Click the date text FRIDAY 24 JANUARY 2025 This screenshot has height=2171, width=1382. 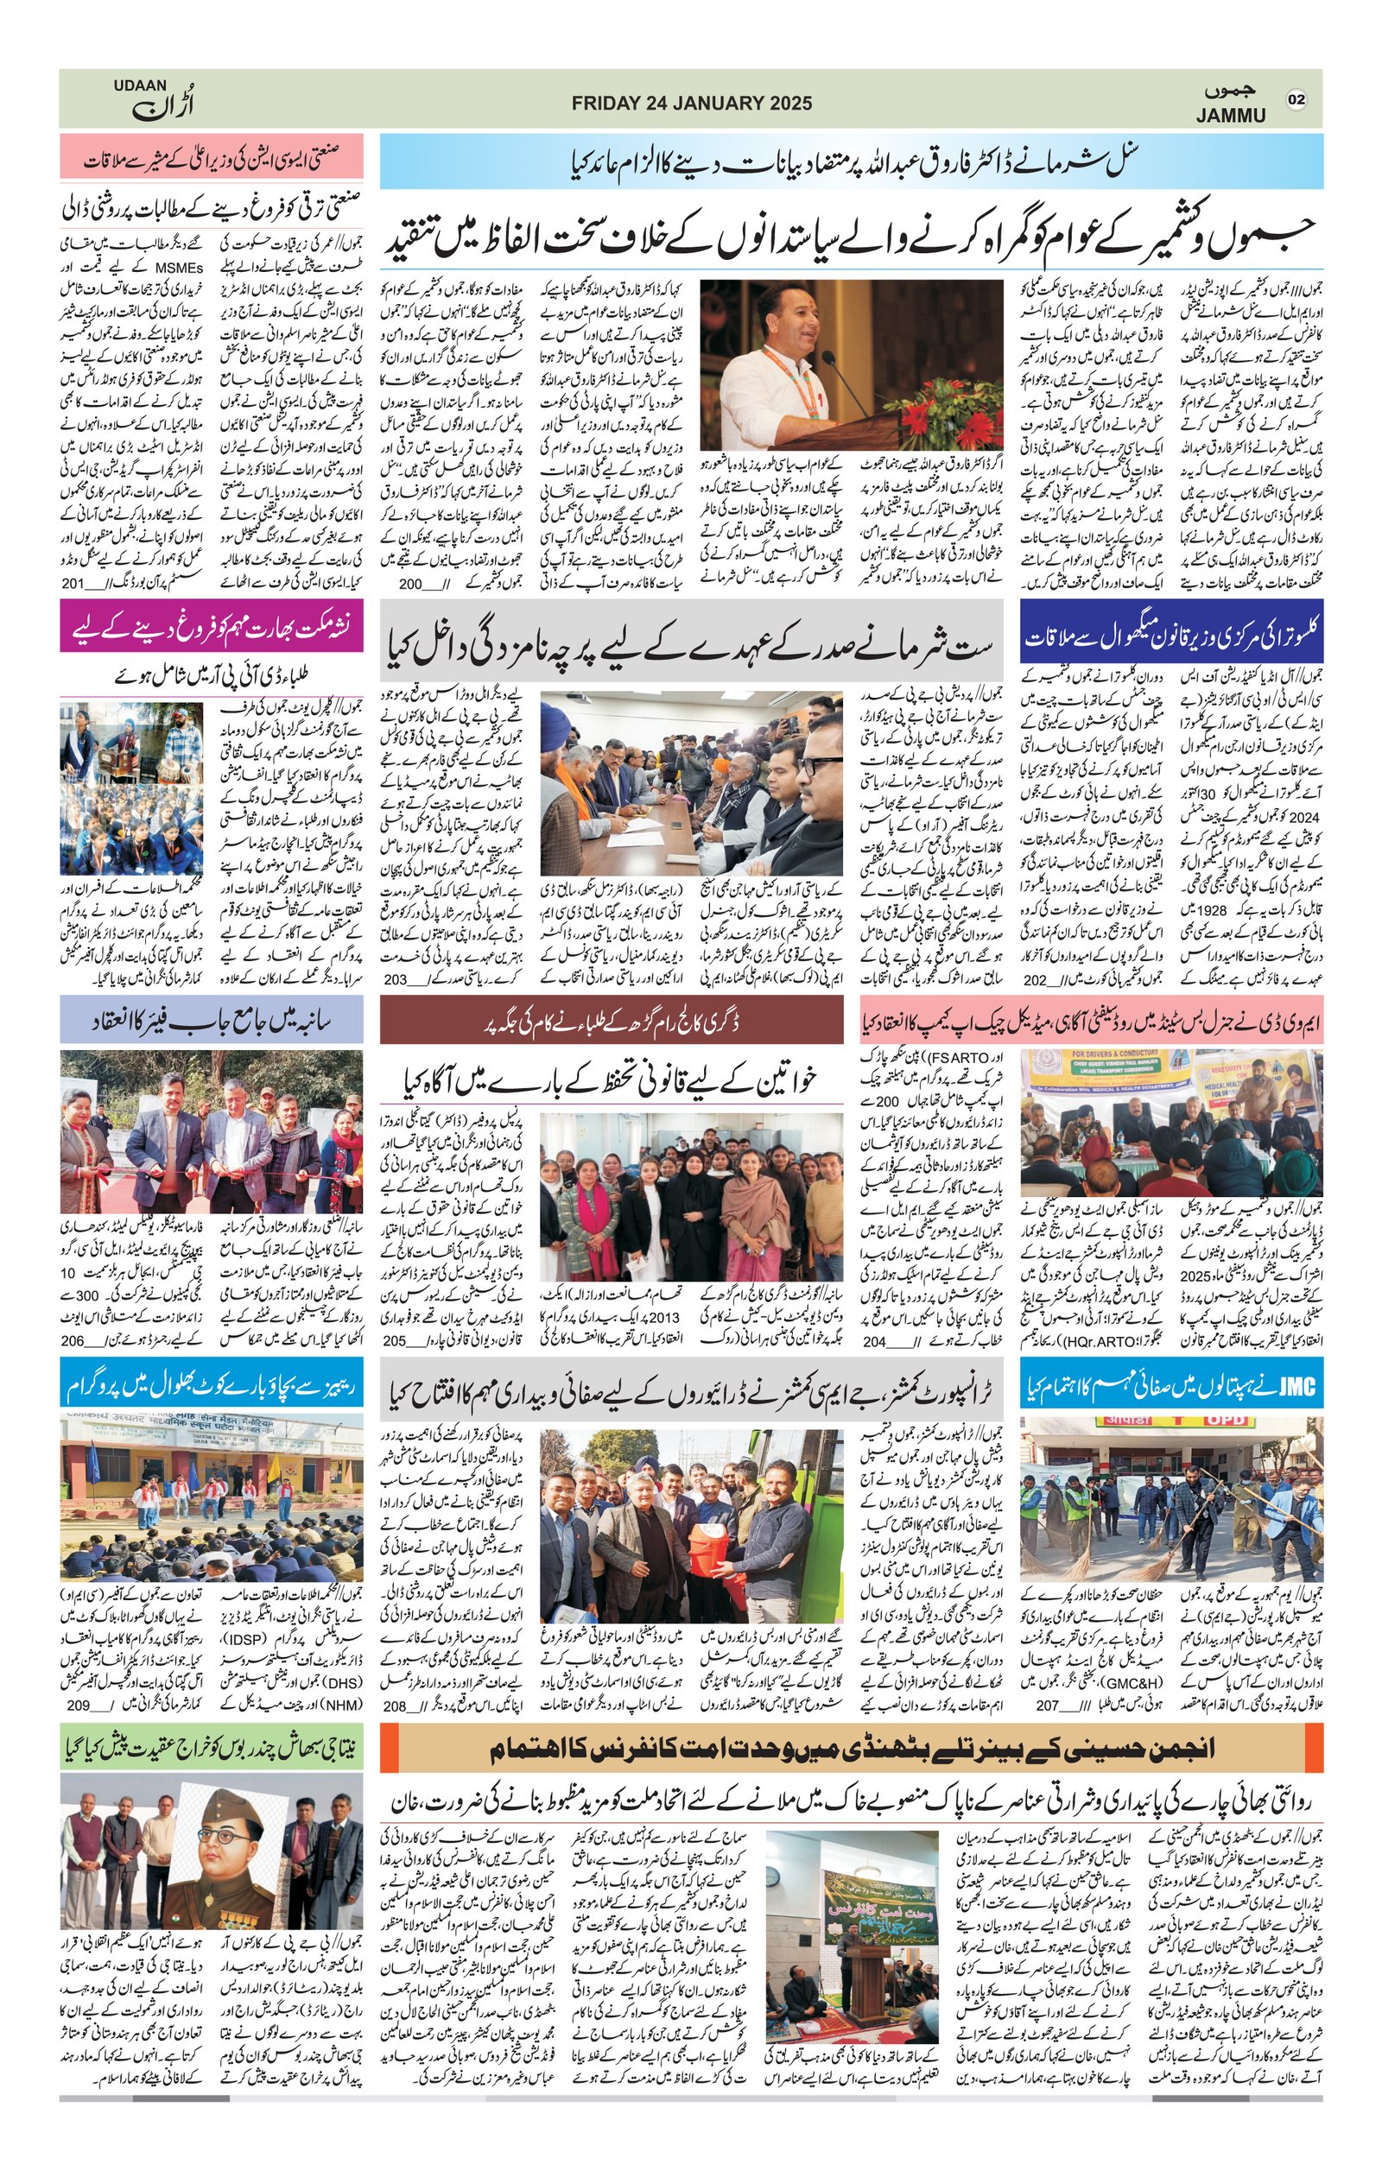[x=692, y=103]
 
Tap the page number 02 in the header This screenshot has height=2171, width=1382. [x=1296, y=99]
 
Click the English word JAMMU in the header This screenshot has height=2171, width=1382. [x=1231, y=116]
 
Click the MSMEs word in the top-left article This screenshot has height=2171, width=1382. [x=180, y=267]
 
